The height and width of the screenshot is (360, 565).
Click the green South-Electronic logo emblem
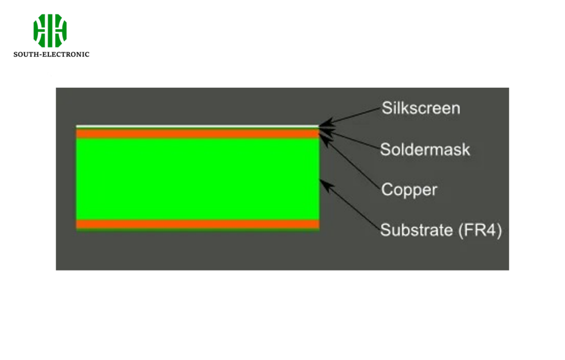point(50,31)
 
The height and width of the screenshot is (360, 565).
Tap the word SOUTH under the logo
point(25,54)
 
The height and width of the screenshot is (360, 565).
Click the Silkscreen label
point(420,108)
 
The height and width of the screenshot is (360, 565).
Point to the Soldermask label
point(425,149)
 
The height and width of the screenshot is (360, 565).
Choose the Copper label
point(409,189)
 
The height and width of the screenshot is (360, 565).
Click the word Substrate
point(417,230)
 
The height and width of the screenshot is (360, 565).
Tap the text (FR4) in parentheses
point(480,230)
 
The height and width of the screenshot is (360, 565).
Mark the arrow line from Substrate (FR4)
point(351,204)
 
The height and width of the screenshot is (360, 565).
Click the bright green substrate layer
point(198,179)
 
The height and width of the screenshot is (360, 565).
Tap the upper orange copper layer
point(198,133)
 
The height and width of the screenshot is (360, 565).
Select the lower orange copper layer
point(198,224)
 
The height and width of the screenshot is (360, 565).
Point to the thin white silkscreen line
point(198,126)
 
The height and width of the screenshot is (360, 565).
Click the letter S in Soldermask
point(386,149)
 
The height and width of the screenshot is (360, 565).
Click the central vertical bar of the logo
point(50,31)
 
